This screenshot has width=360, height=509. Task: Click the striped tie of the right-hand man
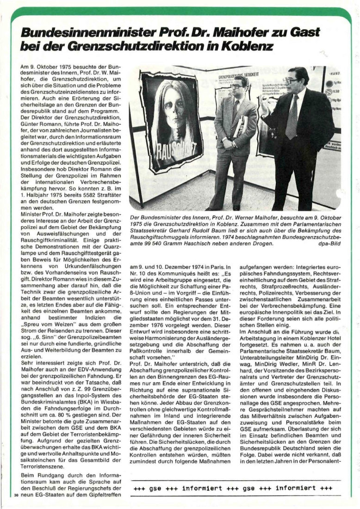(x=292, y=118)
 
